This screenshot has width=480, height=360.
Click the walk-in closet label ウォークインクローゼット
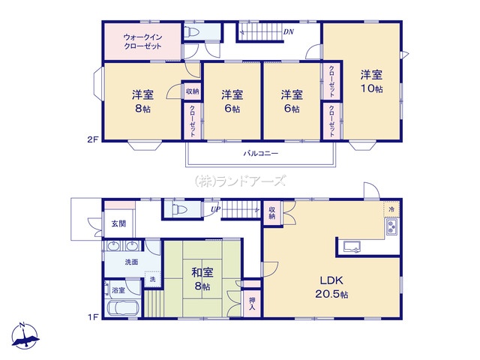point(142,42)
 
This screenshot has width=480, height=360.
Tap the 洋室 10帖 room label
point(371,82)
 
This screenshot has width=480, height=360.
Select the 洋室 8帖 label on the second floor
point(142,101)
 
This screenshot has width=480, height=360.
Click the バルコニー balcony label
point(261,153)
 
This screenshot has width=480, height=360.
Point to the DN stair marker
point(289,31)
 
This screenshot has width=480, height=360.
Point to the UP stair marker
point(214,210)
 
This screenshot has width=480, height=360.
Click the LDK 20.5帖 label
point(331,287)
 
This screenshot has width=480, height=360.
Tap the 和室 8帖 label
point(202,279)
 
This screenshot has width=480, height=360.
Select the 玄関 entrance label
point(118,223)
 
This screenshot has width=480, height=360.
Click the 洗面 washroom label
point(131,262)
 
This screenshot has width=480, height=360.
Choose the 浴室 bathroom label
point(118,290)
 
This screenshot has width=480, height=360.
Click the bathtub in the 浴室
point(122,307)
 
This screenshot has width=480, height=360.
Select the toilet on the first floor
point(180,210)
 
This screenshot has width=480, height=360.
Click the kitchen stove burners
point(391,227)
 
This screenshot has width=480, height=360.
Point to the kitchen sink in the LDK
point(352,247)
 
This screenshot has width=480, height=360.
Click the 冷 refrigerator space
point(391,210)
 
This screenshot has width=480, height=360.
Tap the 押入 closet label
point(252,304)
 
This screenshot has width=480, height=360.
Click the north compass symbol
point(25,336)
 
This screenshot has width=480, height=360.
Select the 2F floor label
point(93,140)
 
